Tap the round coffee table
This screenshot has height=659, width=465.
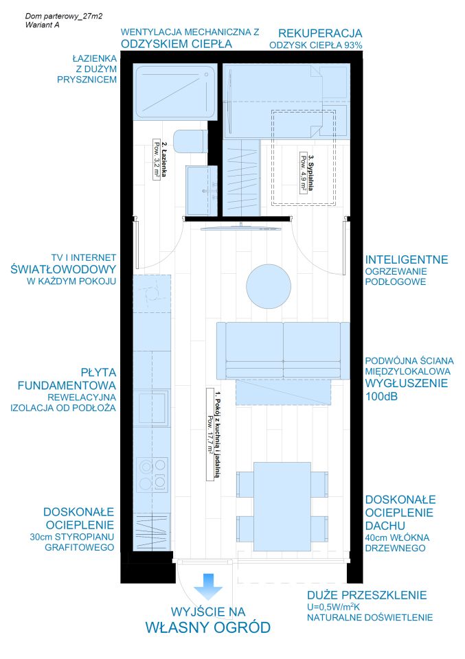[269, 286]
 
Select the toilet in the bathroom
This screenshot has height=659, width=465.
[190, 141]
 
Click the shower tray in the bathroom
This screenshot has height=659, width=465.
[175, 91]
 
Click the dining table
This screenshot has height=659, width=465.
[282, 507]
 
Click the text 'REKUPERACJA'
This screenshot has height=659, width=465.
[320, 33]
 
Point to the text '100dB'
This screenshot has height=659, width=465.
[381, 396]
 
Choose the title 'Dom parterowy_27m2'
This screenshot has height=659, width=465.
[64, 16]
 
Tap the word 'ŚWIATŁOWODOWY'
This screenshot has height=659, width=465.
[63, 269]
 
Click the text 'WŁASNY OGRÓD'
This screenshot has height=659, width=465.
[207, 627]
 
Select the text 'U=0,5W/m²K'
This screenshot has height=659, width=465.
[333, 606]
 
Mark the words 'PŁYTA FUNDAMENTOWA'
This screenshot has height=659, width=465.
[67, 379]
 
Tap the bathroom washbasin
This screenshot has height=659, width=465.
[202, 190]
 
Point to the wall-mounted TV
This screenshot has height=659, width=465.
[240, 227]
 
